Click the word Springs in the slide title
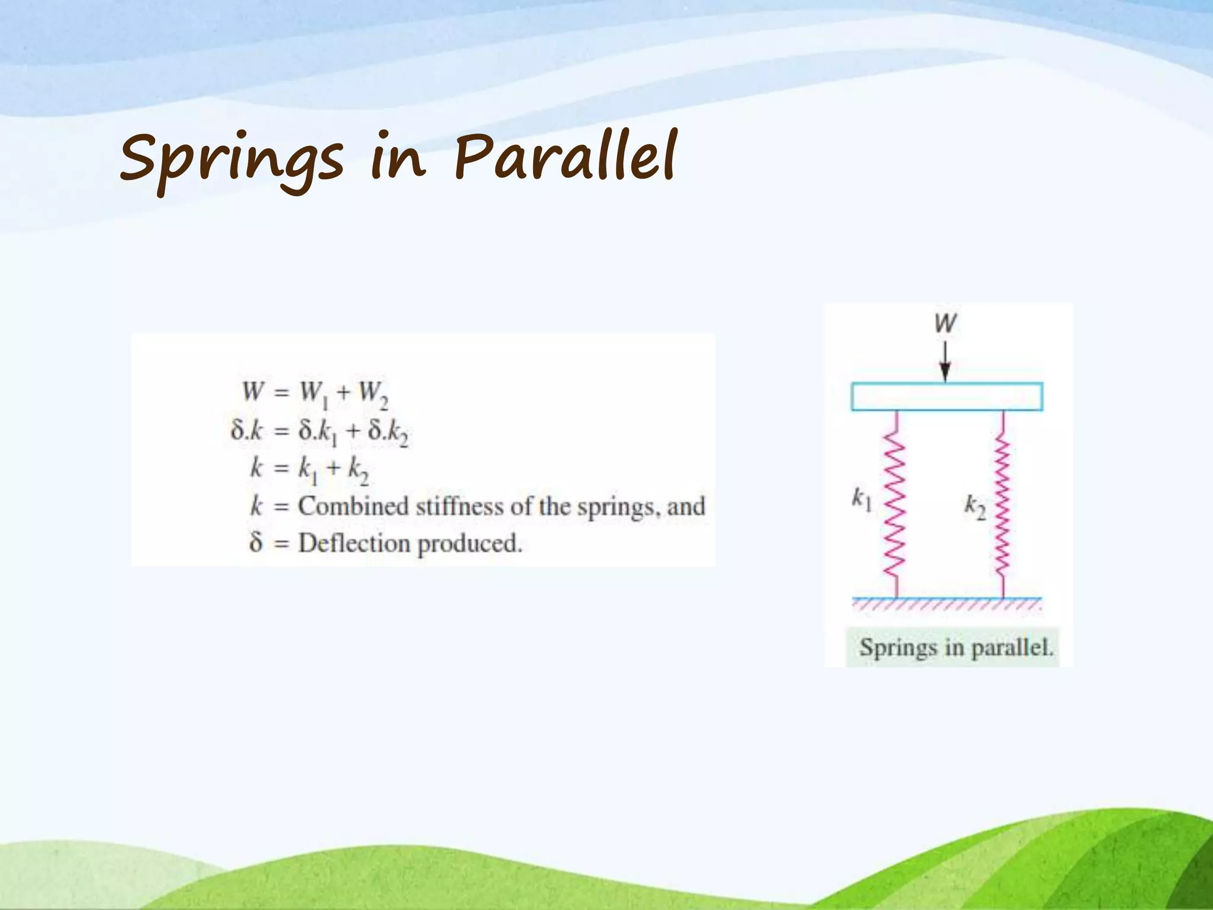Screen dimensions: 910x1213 point(231,159)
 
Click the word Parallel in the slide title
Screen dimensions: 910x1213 point(566,156)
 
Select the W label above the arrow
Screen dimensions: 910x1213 point(945,323)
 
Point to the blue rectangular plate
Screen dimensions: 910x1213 point(946,397)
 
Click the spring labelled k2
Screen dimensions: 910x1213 point(1002,504)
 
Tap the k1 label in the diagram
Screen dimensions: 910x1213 point(862,499)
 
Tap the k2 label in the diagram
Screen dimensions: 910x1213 point(975,507)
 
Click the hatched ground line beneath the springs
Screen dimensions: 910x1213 point(946,603)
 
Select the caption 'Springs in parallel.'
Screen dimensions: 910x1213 point(956,647)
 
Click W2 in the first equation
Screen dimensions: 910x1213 point(374,393)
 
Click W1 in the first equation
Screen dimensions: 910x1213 point(314,393)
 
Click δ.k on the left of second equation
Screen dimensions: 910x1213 point(246,431)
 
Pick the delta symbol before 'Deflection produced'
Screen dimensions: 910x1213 point(256,542)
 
